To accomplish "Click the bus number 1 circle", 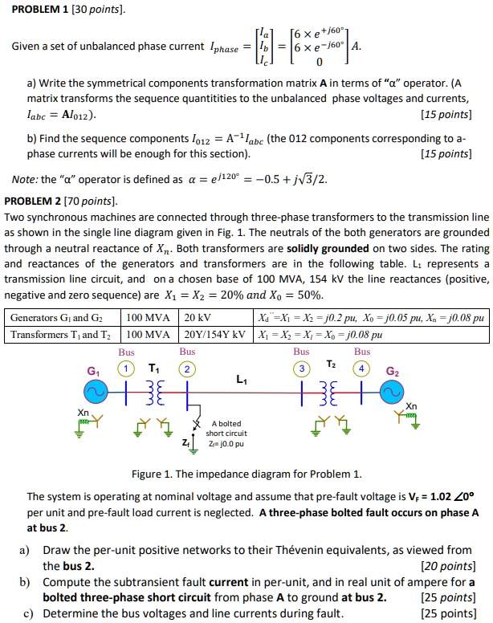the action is (x=126, y=368).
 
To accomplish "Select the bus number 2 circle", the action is (x=187, y=368).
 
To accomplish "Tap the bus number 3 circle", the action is (x=301, y=368).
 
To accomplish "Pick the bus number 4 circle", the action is (x=362, y=368).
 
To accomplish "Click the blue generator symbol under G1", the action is (x=95, y=393).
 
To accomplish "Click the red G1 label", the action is (x=95, y=371).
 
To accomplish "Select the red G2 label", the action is (x=392, y=371).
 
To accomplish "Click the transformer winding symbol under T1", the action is (x=157, y=393).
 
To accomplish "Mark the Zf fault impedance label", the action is (x=186, y=442).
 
